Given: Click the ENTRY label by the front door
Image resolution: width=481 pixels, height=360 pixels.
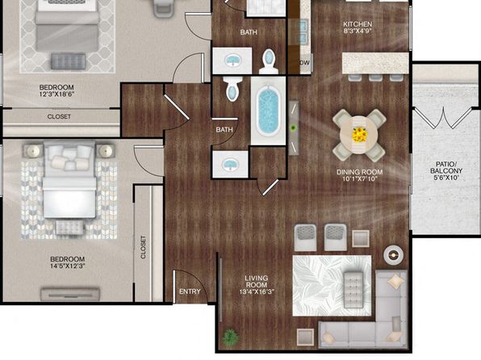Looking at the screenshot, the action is [190, 291].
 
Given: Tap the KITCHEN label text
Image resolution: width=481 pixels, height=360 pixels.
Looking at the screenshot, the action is [358, 24].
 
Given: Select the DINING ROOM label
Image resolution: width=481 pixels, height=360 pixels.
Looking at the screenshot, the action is [359, 172].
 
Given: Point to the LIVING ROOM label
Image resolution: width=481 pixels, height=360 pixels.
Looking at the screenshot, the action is [257, 282].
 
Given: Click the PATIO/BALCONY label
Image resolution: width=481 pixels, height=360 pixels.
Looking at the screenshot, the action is [446, 168].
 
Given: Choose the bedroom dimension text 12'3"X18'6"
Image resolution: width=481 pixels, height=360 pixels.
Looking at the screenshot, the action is [56, 94].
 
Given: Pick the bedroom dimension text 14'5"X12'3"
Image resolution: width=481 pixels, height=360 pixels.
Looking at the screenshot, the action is [68, 266].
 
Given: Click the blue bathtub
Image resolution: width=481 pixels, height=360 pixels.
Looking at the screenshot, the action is [268, 111].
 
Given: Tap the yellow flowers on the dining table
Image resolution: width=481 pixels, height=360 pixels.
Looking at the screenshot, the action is [358, 135].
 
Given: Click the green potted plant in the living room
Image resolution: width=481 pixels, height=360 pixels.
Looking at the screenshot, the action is [230, 337].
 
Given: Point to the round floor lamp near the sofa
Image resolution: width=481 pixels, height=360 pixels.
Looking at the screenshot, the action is [393, 254].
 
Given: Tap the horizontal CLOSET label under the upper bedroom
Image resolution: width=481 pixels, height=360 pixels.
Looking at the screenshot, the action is [59, 116].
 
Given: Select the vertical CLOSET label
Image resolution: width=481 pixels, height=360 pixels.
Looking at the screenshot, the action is [143, 247].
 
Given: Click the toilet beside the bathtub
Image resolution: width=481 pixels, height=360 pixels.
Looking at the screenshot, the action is [232, 89].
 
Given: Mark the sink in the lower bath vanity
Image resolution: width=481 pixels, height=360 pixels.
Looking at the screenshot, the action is [230, 164].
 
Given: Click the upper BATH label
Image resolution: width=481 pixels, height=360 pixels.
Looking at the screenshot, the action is [249, 32].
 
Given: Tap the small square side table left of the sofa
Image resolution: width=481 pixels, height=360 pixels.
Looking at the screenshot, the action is [305, 337].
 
